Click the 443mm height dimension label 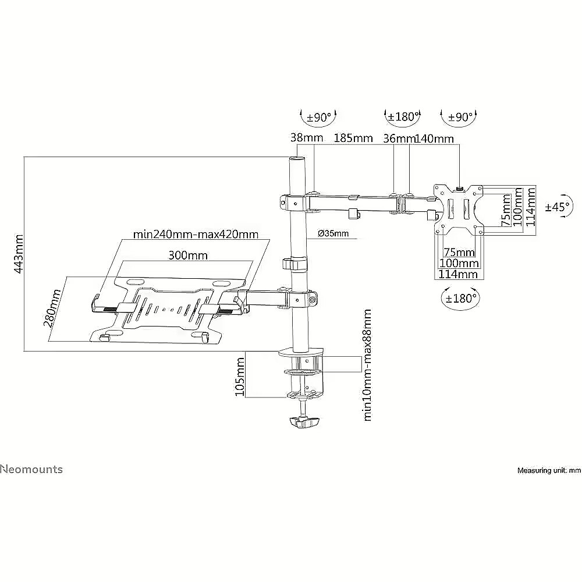[19, 254]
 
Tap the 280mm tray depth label [52, 308]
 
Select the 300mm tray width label [188, 255]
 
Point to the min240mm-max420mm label [196, 235]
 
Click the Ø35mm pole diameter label [333, 233]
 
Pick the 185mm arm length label [353, 138]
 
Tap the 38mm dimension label [307, 138]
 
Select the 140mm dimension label [434, 139]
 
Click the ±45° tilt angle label [557, 207]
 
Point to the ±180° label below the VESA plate [460, 298]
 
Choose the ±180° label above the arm [402, 116]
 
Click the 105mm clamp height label [240, 377]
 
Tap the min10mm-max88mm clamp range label [367, 365]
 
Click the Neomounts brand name [31, 469]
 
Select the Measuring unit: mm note [549, 471]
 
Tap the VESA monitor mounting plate [459, 210]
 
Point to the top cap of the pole [297, 159]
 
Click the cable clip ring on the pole [296, 264]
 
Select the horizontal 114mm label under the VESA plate [458, 274]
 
